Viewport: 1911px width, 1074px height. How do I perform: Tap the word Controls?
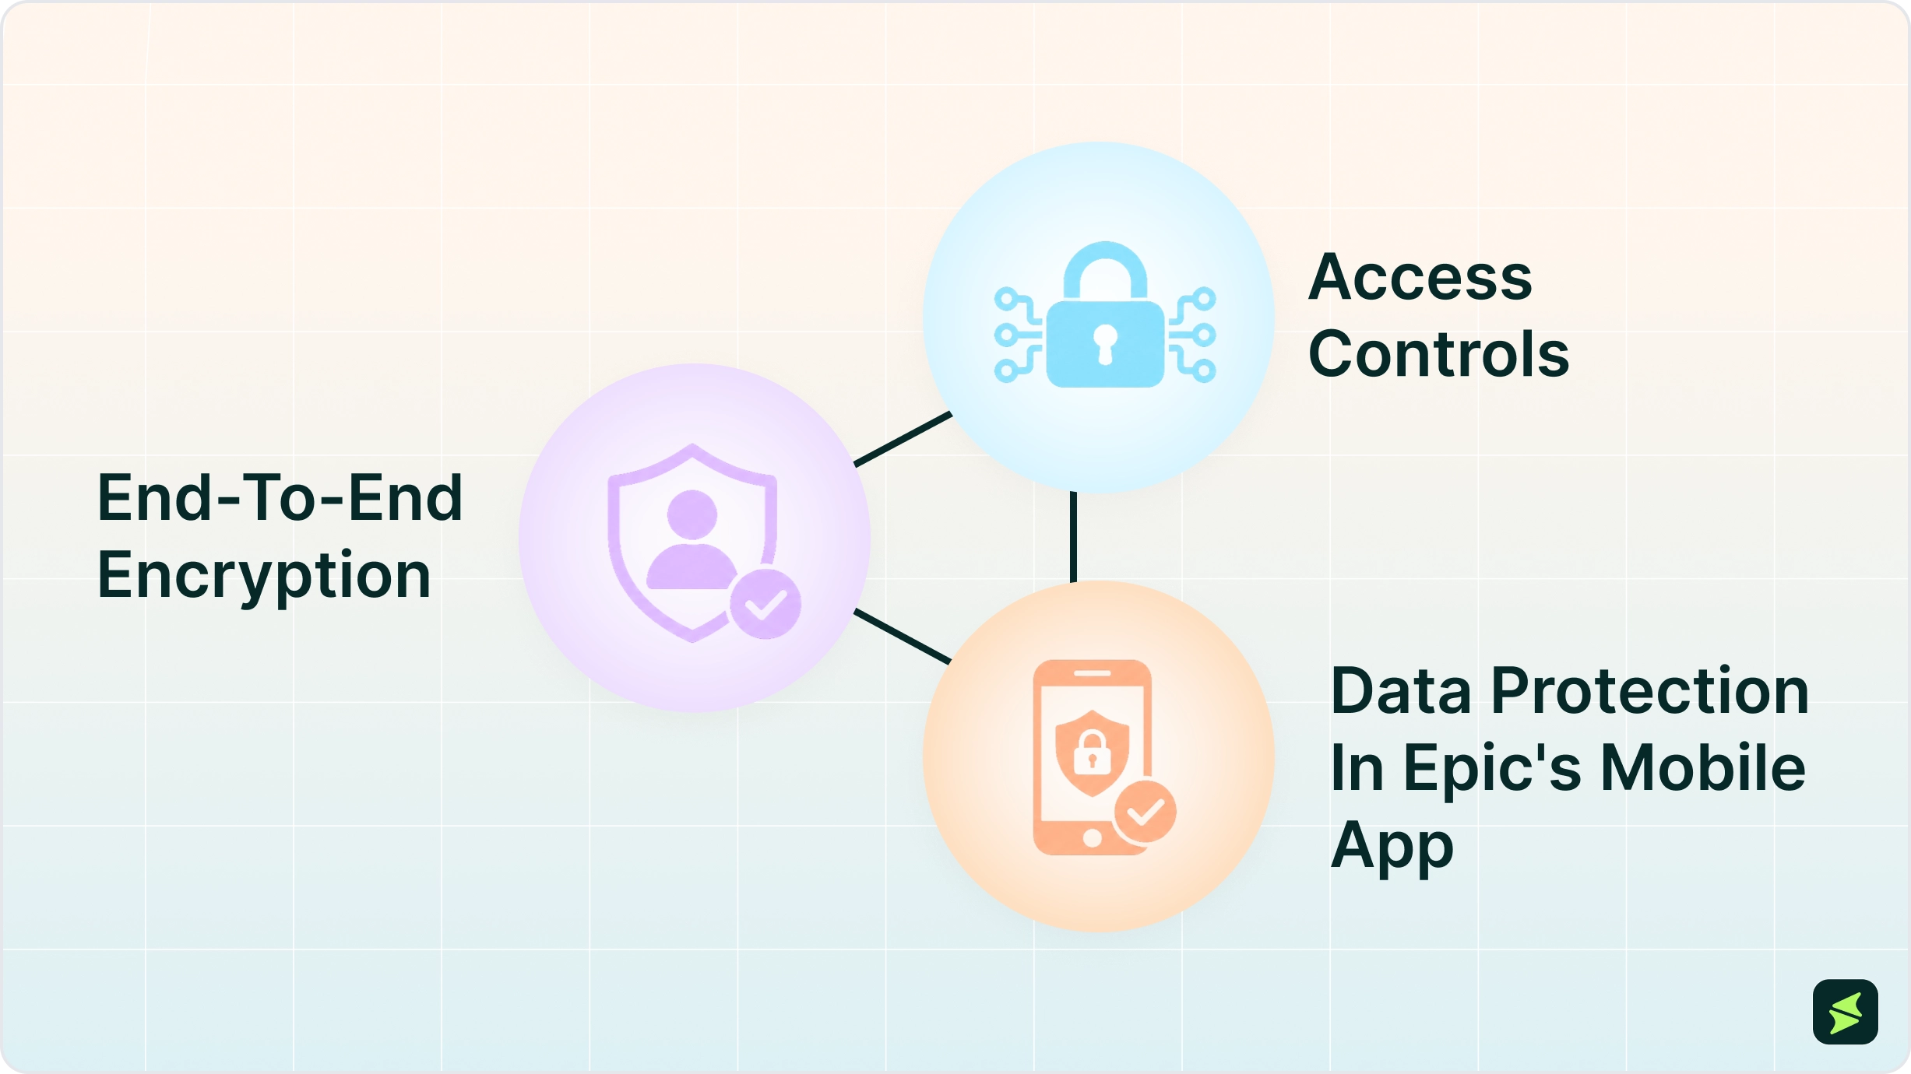(1438, 354)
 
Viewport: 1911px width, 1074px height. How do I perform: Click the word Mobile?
(1703, 767)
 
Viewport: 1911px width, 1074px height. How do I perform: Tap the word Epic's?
(1492, 770)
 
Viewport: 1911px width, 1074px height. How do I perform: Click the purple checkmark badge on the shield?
(765, 605)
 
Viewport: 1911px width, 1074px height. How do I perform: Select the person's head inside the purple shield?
(692, 514)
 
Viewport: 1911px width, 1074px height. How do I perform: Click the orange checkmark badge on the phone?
(1145, 812)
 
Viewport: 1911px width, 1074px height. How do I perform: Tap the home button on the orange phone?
(1092, 838)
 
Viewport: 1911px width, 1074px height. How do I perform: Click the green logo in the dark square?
(1846, 1013)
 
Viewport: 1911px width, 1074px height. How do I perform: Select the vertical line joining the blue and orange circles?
(1073, 537)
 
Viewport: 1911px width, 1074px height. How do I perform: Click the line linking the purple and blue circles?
(903, 439)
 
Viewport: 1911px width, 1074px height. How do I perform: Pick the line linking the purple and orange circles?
(903, 637)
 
